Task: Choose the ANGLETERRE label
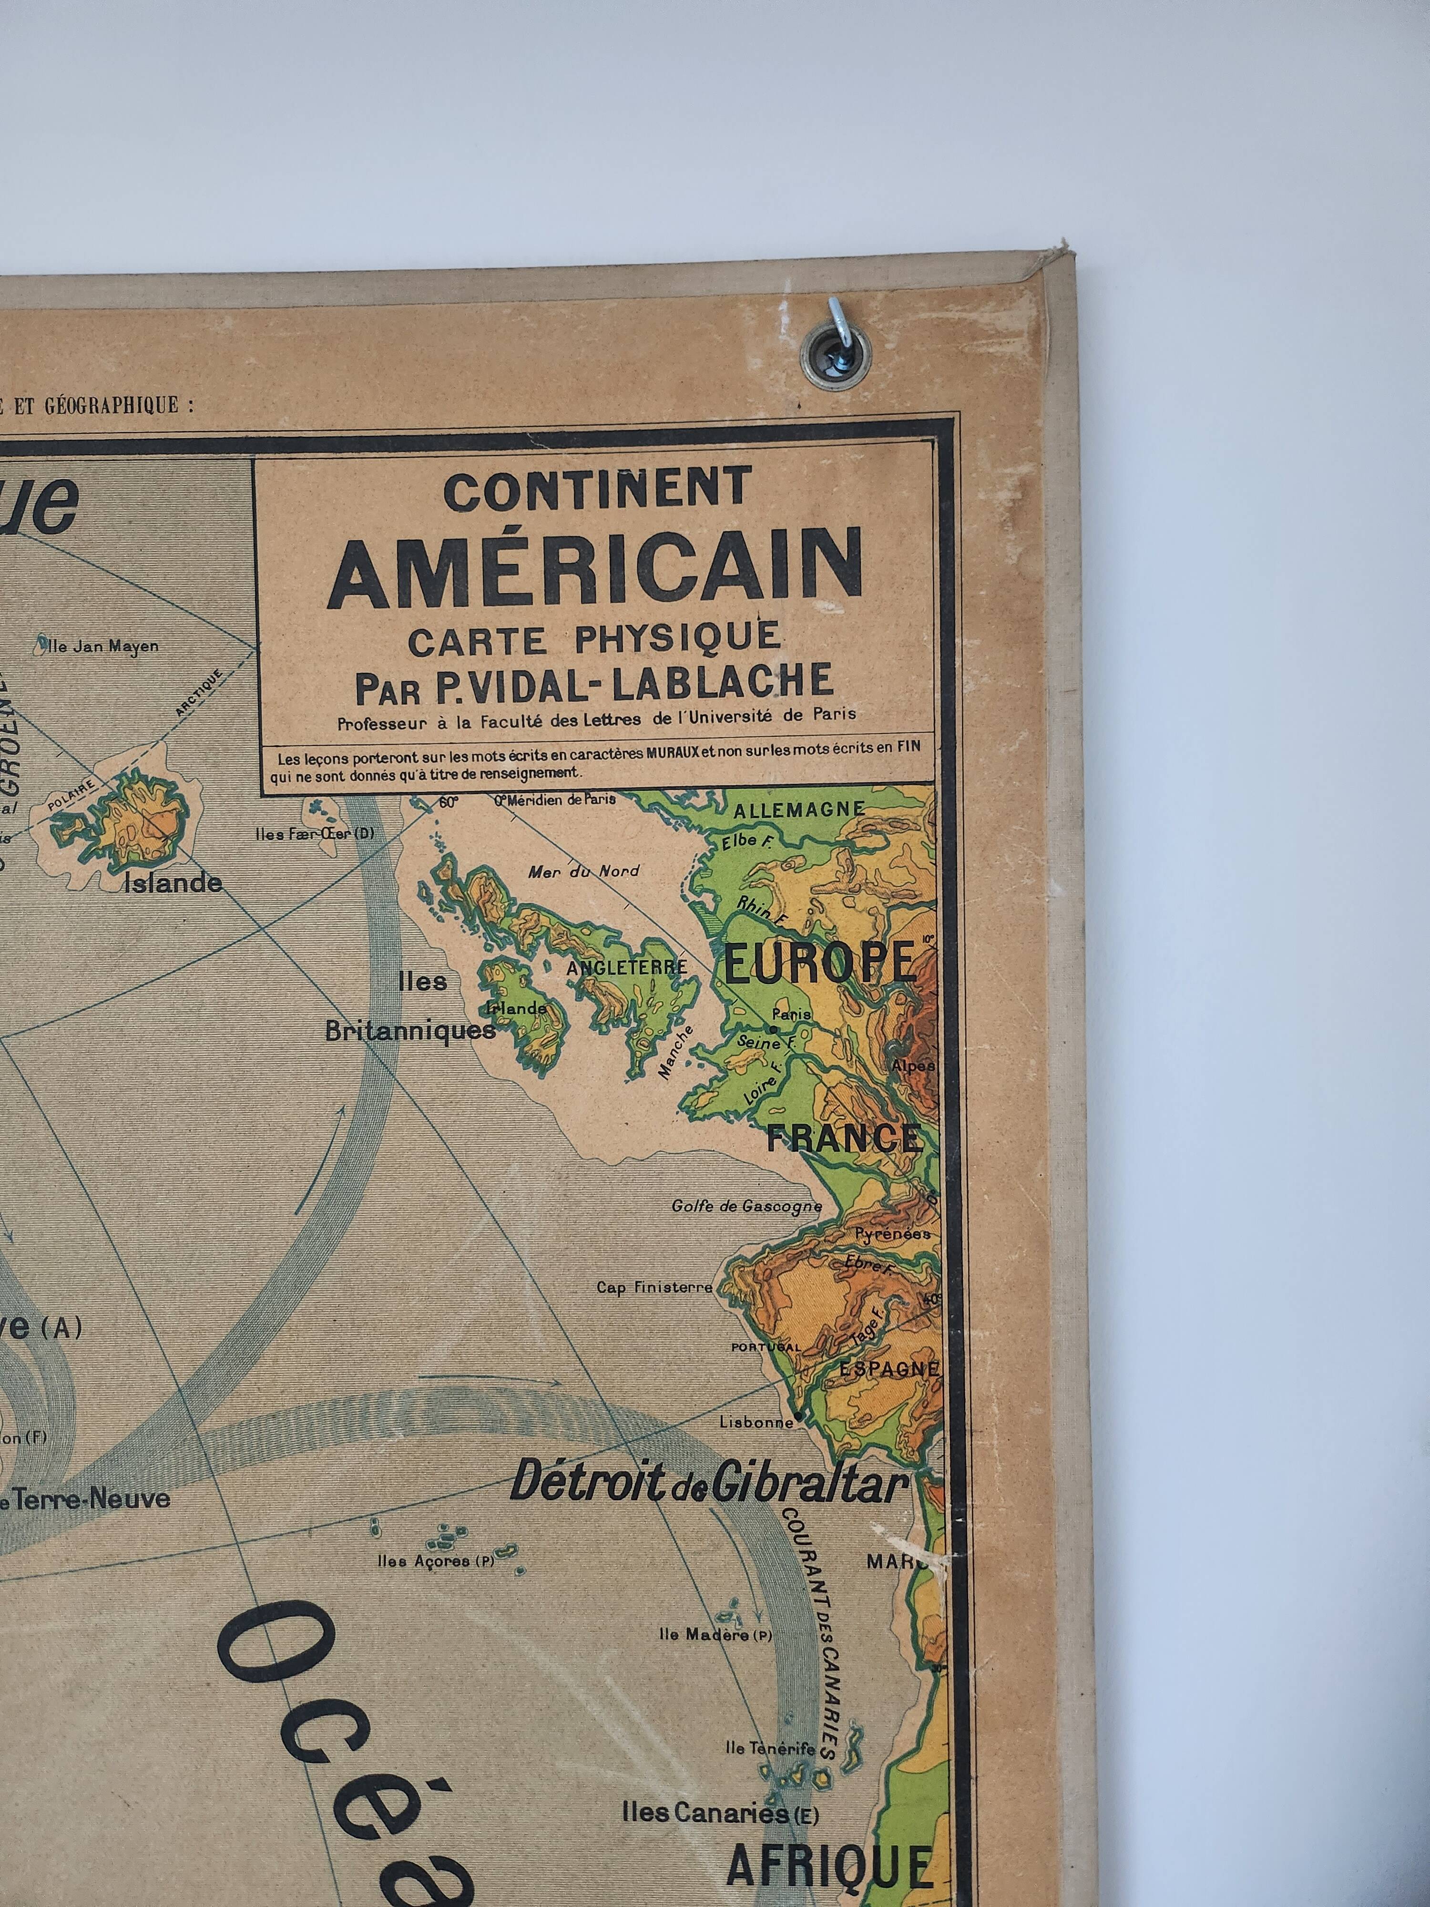click(x=627, y=967)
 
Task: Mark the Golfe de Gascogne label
click(x=746, y=1206)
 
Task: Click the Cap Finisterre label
click(x=655, y=1287)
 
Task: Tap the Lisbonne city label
click(x=756, y=1422)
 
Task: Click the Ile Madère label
click(x=715, y=1634)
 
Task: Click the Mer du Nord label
click(x=583, y=871)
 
